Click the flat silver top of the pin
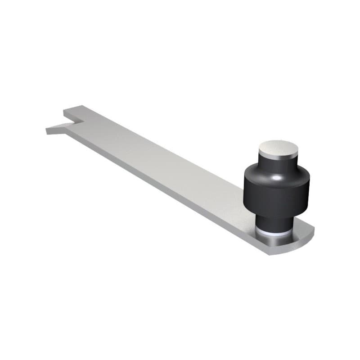pos(279,148)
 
